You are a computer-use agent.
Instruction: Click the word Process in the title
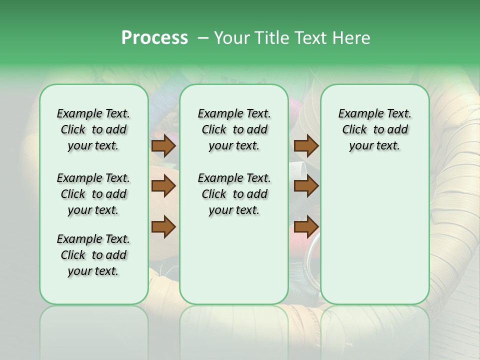[x=154, y=38]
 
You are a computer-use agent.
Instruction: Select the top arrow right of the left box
[x=163, y=146]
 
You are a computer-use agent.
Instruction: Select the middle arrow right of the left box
[x=163, y=186]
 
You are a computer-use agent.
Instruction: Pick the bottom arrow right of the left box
[x=163, y=226]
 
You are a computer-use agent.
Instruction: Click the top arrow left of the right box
[x=306, y=146]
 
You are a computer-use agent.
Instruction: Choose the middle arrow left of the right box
[x=306, y=186]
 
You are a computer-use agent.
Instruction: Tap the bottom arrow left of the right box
[x=306, y=226]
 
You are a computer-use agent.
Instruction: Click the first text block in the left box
[x=93, y=129]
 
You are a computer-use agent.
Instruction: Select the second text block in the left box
[x=93, y=194]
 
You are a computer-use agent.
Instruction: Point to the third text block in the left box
[x=93, y=255]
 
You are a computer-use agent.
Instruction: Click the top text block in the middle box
[x=234, y=129]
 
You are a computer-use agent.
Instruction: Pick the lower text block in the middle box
[x=234, y=194]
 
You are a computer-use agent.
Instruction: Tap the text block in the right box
[x=374, y=129]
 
